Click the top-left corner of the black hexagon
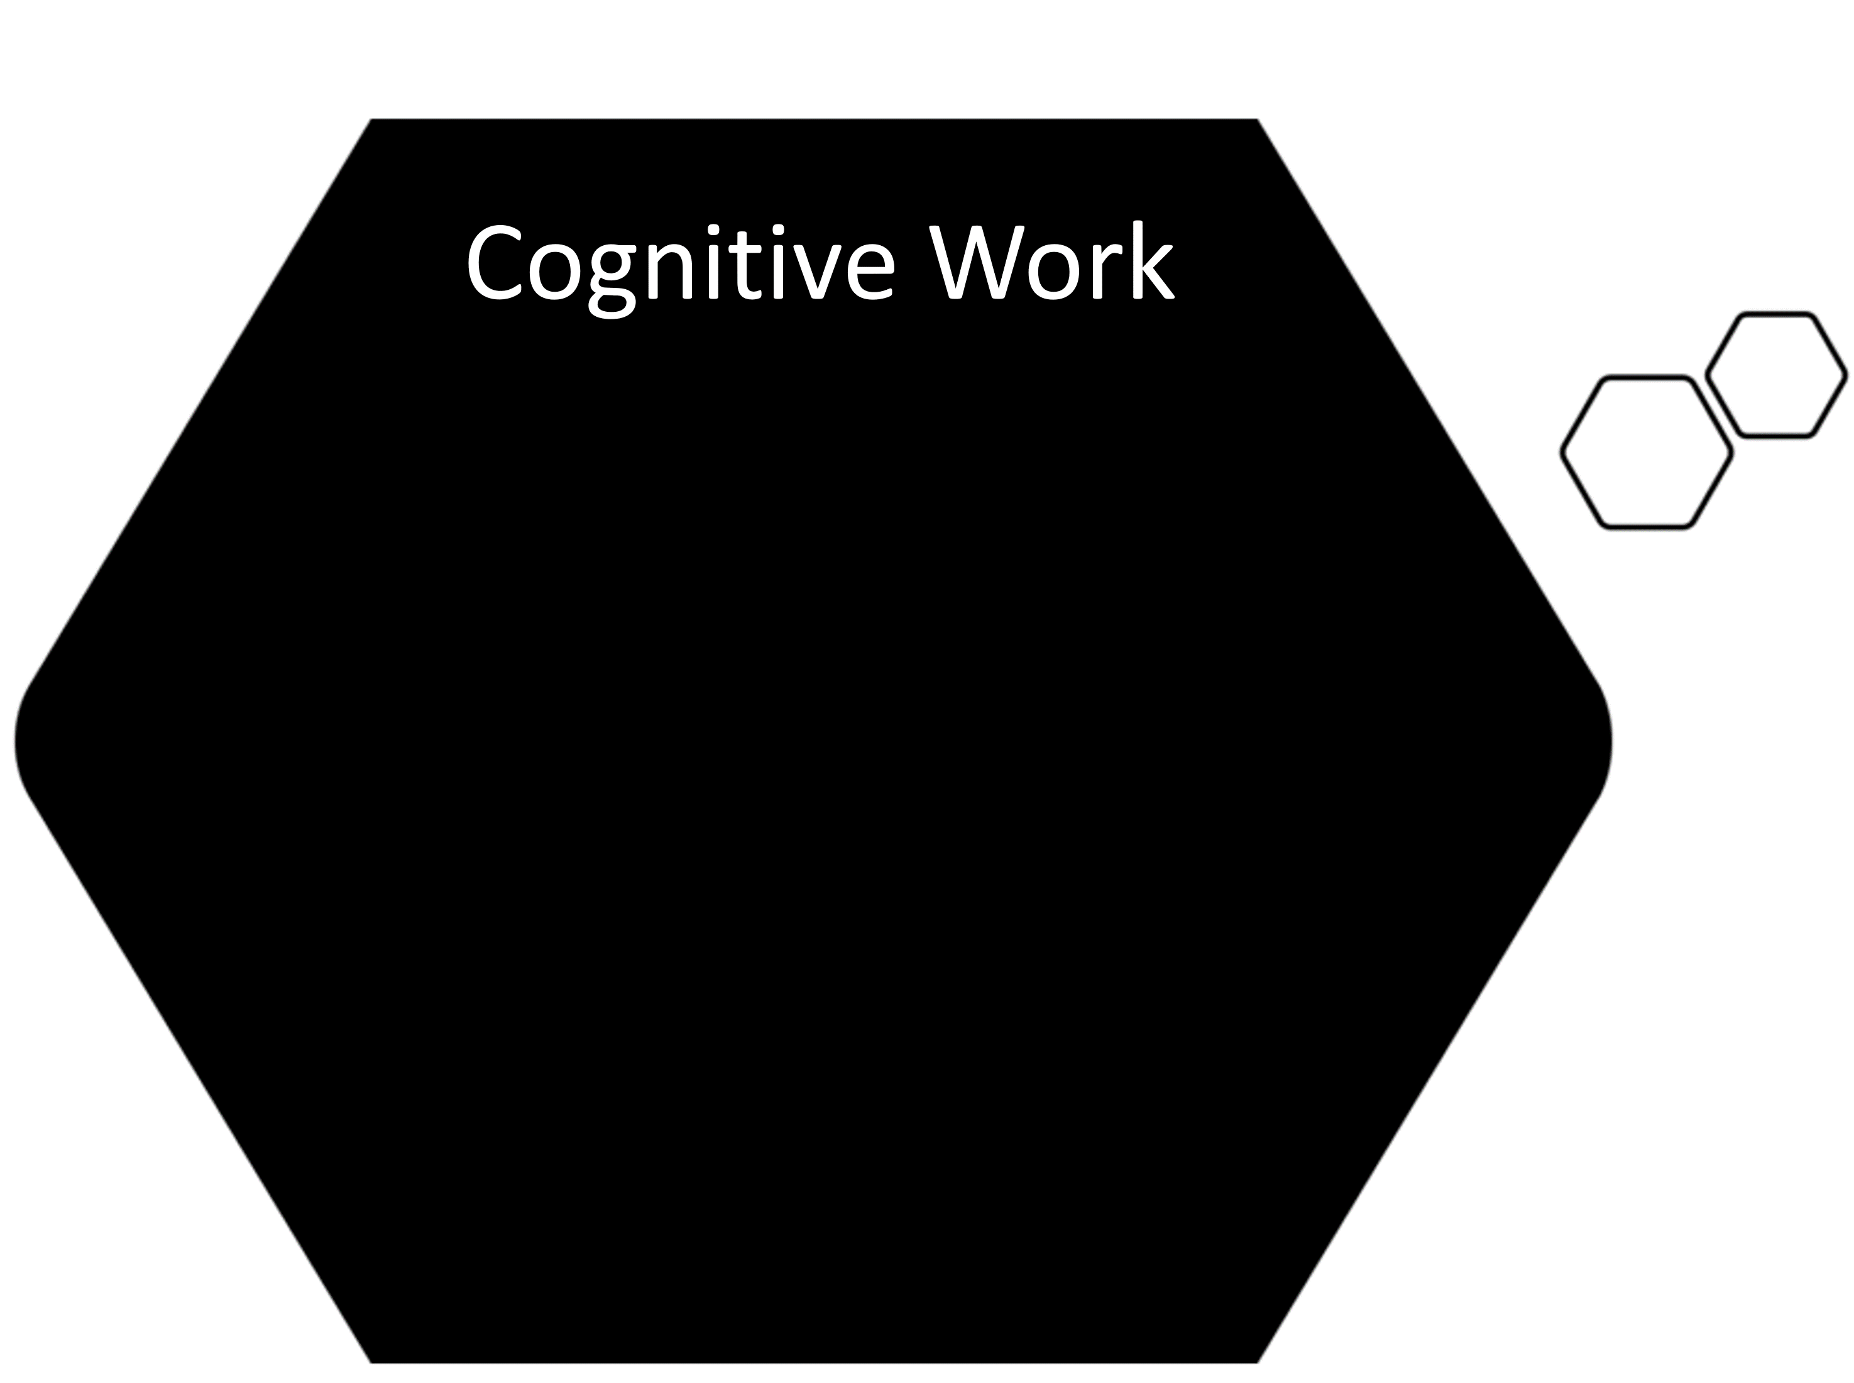click(371, 119)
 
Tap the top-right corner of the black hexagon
click(1257, 119)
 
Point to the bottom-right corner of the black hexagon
click(1257, 1363)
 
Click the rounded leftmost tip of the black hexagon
click(16, 741)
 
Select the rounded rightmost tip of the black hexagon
click(1611, 741)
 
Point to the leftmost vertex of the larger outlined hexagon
click(1562, 452)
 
